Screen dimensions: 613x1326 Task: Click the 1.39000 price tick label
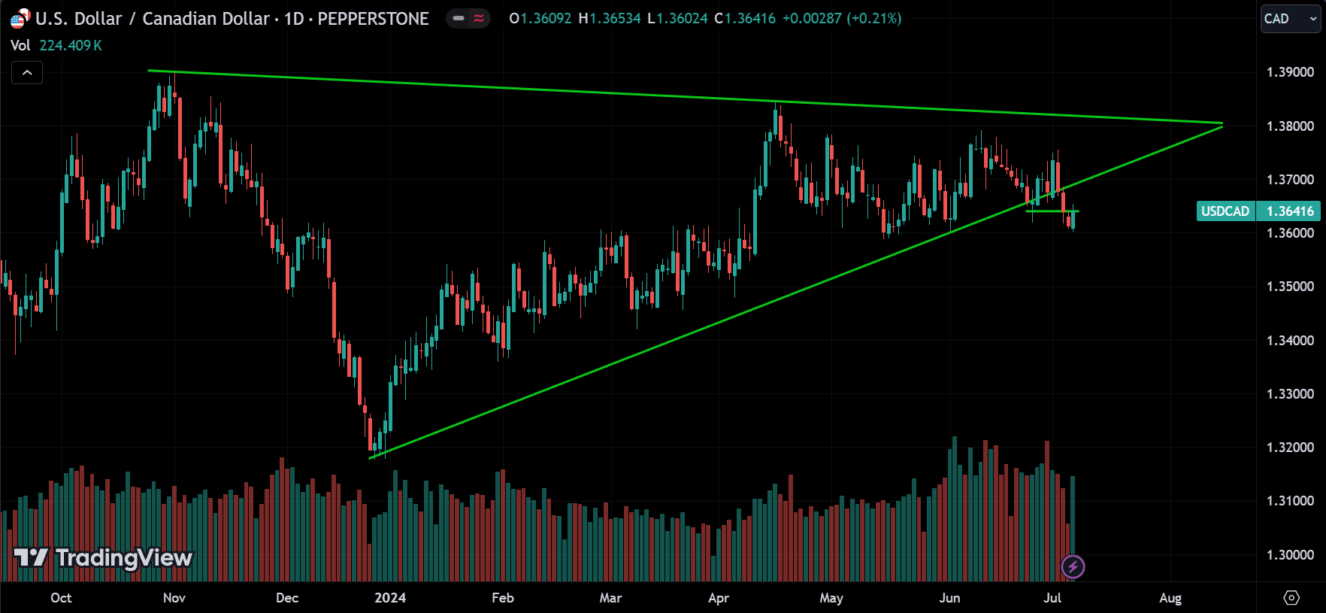[x=1290, y=72]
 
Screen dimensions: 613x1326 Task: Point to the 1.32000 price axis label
[x=1290, y=448]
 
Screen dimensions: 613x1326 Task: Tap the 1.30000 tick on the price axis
[x=1290, y=555]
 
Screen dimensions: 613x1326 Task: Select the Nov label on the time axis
[x=174, y=598]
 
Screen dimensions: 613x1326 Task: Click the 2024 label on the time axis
[x=390, y=598]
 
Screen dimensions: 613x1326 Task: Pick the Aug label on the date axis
[x=1170, y=598]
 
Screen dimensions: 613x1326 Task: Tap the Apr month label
[x=719, y=598]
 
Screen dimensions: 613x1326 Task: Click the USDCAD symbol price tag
[x=1225, y=211]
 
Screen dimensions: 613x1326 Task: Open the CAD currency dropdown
[x=1290, y=19]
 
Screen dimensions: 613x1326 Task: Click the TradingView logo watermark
[x=104, y=557]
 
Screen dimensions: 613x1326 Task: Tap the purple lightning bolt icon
[x=1073, y=566]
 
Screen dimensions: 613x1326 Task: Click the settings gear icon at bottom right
[x=1291, y=598]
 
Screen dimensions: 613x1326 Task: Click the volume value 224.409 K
[x=71, y=46]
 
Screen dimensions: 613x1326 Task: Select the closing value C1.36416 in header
[x=744, y=19]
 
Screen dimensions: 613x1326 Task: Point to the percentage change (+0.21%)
[x=873, y=19]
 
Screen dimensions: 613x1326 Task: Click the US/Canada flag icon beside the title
[x=20, y=19]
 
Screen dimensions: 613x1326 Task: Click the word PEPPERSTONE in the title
[x=373, y=19]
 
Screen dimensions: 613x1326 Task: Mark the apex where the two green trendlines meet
[x=1222, y=124]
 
